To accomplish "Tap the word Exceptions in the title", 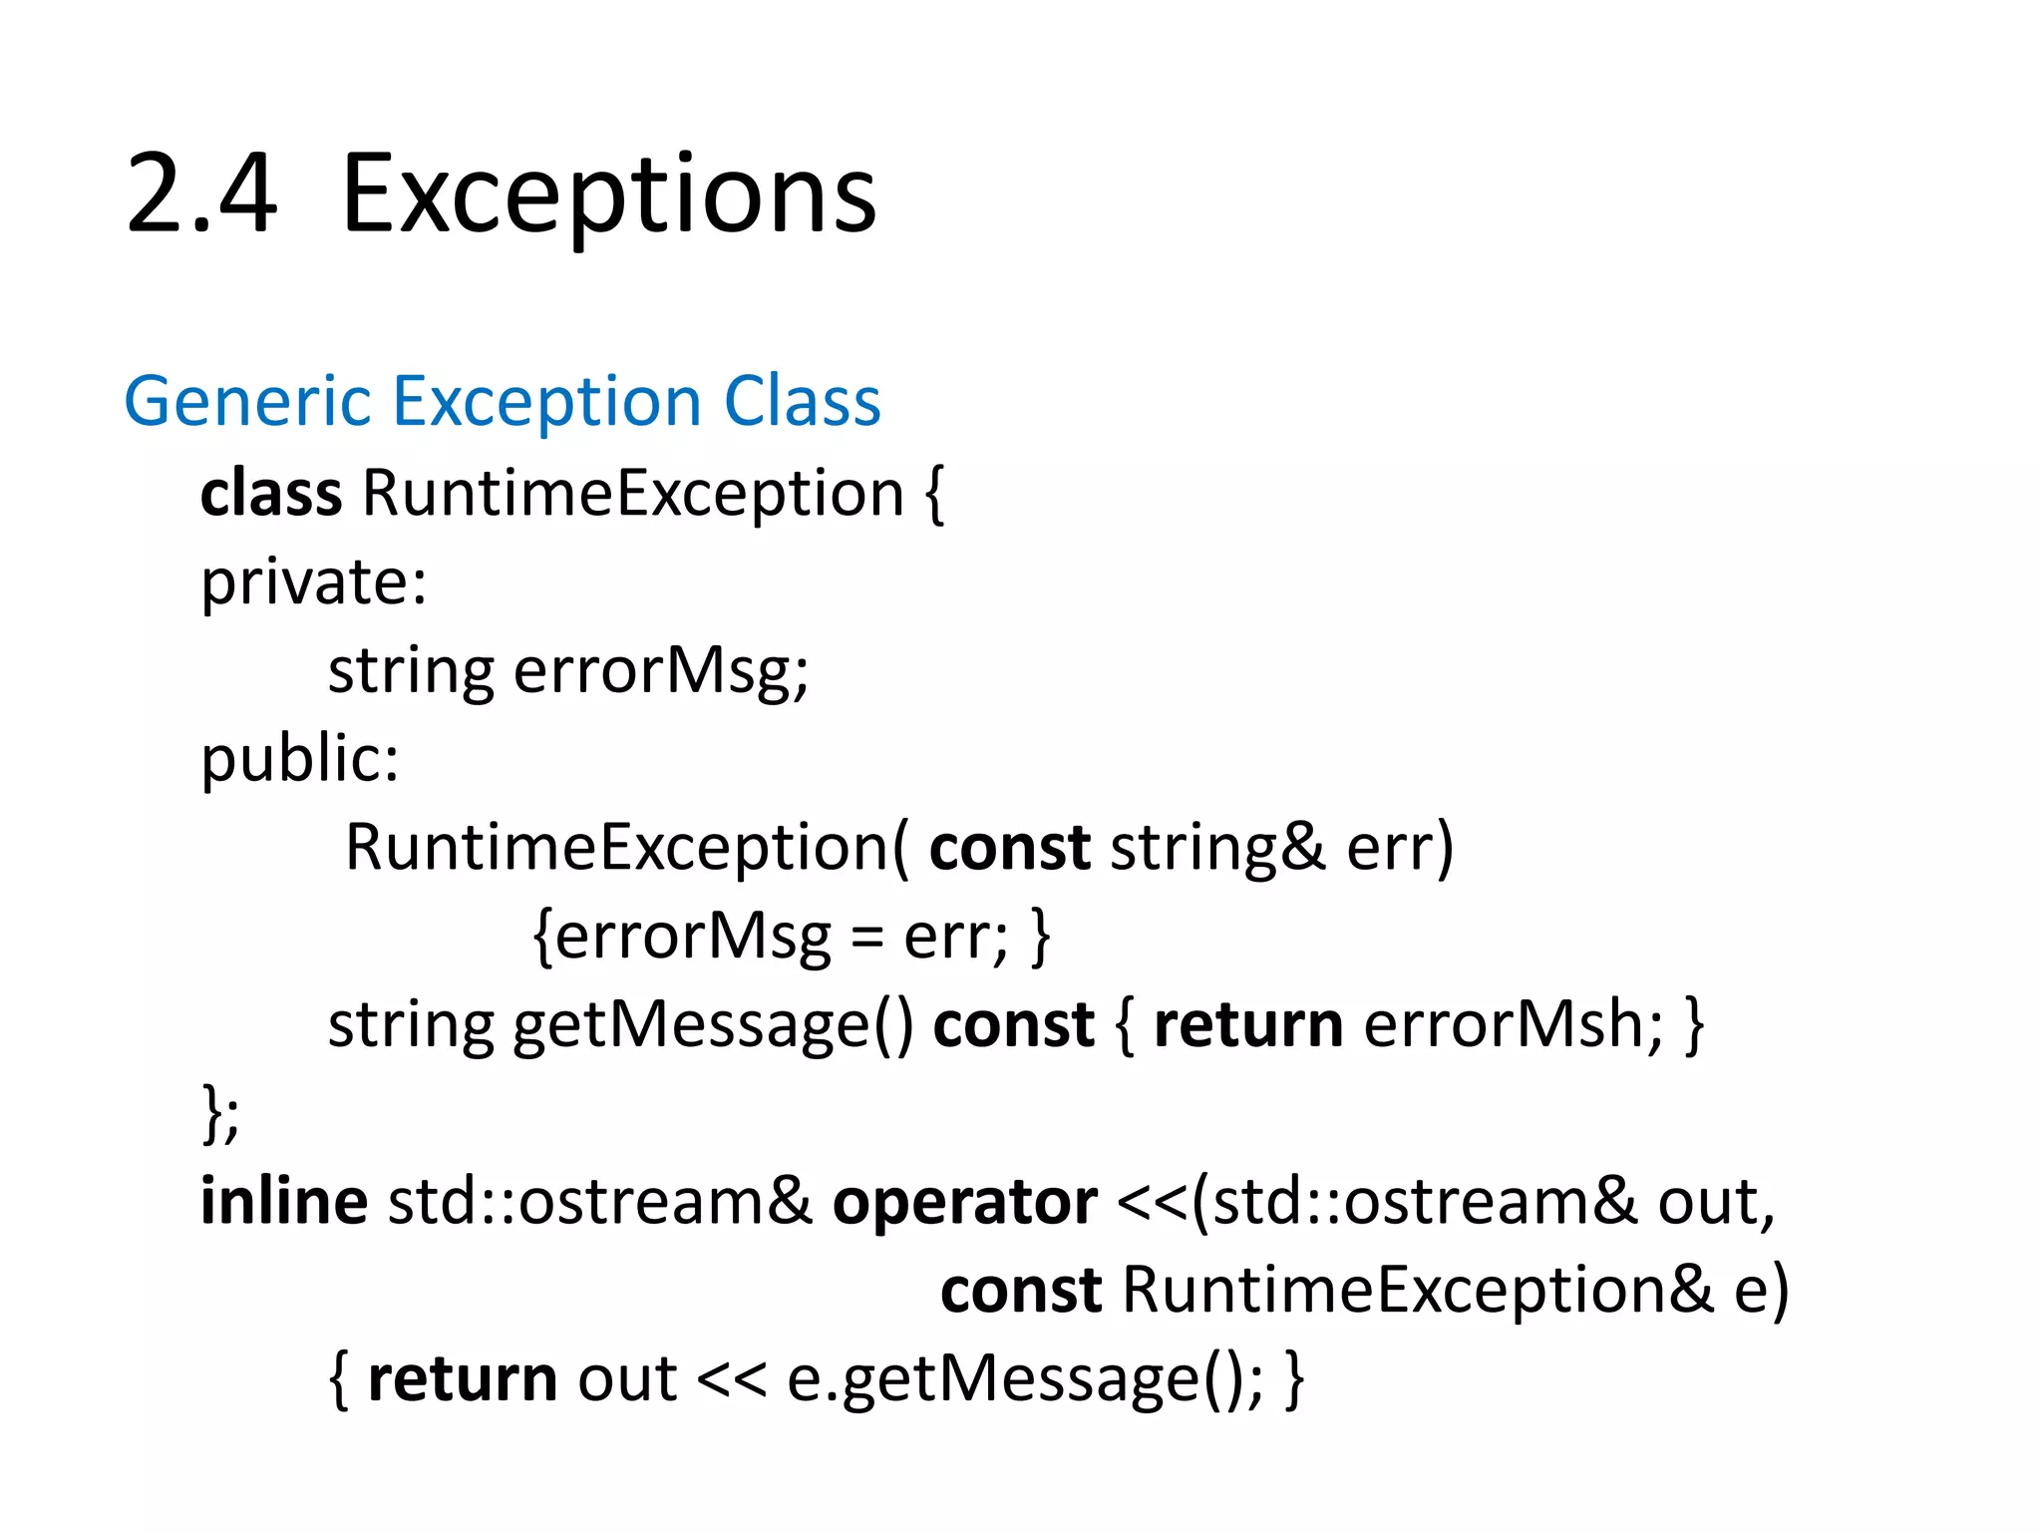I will [x=608, y=194].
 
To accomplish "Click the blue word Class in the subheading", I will [x=802, y=402].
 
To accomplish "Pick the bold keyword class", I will [x=270, y=494].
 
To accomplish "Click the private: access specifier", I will [x=313, y=582].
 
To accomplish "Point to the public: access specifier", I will [x=299, y=760].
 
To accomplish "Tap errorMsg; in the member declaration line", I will [x=660, y=670].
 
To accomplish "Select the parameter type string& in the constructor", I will [x=1217, y=848].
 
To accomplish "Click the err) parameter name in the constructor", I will [x=1400, y=848].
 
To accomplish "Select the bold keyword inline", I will [x=283, y=1201].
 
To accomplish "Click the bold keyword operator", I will [x=964, y=1203].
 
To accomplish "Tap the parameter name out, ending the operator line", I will [x=1716, y=1203].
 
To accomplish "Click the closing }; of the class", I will [x=220, y=1114].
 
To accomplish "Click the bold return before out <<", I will [x=463, y=1380].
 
